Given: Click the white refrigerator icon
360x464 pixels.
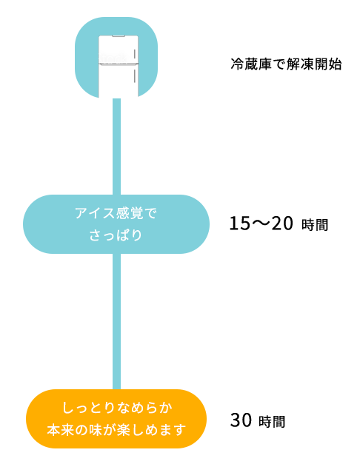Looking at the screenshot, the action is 119,67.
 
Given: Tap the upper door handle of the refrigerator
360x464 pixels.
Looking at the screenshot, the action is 135,54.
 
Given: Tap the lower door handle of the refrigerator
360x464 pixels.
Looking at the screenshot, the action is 135,75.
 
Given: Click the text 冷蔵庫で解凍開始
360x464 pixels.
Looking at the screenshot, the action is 286,64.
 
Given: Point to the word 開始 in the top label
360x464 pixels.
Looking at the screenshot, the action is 328,64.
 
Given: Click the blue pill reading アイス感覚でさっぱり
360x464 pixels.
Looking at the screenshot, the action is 116,224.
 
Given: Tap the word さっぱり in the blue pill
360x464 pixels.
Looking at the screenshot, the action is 116,235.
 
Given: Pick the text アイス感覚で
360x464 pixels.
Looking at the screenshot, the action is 116,213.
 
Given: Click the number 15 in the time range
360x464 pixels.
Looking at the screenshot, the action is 240,223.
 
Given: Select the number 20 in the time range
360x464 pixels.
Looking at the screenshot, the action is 282,223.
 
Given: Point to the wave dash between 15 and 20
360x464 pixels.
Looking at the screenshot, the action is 261,223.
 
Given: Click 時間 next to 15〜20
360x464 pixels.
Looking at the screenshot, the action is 315,225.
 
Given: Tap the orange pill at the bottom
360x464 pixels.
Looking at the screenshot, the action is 116,419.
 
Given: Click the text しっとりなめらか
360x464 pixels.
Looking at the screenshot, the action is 117,408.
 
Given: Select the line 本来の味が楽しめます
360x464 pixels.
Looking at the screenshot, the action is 116,430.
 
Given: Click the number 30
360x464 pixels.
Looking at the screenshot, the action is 241,420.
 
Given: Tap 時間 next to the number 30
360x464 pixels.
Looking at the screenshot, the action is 272,422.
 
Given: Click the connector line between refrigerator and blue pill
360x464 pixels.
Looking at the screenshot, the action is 117,147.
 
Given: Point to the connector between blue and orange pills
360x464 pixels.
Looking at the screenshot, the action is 117,321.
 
